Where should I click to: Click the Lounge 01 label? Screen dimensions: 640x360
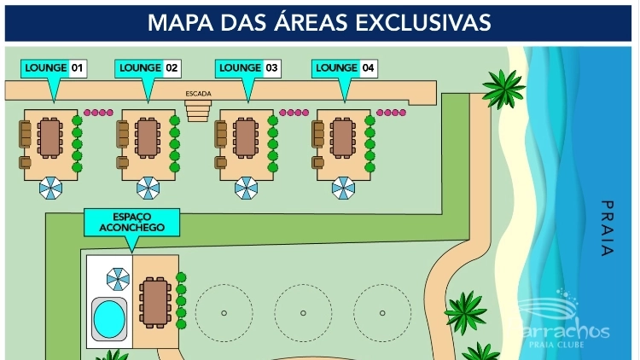click(55, 68)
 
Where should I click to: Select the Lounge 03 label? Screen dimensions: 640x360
click(248, 68)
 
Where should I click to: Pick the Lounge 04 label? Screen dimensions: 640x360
click(345, 68)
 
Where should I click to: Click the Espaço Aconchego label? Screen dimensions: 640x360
click(131, 222)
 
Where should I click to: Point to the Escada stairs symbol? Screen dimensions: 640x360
click(198, 110)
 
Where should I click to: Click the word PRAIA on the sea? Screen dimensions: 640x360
click(607, 228)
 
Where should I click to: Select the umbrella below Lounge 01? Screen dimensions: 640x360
click(50, 188)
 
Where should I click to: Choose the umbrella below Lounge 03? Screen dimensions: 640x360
click(247, 188)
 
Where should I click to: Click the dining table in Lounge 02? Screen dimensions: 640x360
click(148, 139)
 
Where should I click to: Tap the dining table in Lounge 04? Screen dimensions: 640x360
click(343, 139)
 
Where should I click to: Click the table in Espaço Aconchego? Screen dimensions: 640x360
click(155, 303)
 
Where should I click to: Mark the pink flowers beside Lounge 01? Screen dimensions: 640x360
click(98, 112)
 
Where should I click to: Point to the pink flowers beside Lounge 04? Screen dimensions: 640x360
click(392, 112)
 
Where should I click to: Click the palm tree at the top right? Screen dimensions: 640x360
click(503, 86)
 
